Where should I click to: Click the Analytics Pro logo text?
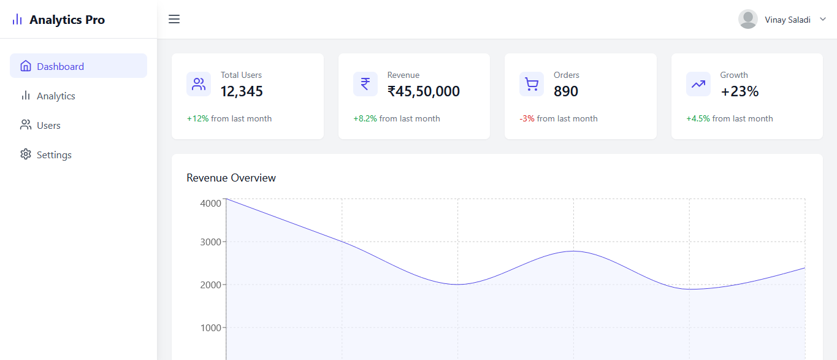tap(67, 20)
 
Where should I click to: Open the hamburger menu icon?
tap(174, 19)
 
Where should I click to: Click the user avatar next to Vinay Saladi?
tap(747, 19)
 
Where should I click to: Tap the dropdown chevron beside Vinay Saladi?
tap(823, 19)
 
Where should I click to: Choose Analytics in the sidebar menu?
tap(56, 96)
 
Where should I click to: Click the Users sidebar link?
tap(48, 125)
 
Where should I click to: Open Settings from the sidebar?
tap(54, 155)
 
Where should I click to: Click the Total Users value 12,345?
tap(242, 91)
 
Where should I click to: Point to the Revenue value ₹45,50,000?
tap(423, 91)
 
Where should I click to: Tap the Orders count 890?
tap(565, 91)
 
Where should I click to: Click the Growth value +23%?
tap(739, 91)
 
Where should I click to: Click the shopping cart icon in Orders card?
tap(532, 84)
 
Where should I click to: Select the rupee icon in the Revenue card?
tap(365, 84)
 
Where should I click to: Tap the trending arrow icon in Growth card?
tap(698, 84)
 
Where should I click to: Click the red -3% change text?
tap(527, 118)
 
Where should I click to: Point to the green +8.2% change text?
tap(365, 118)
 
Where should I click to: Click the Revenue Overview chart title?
tap(231, 178)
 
